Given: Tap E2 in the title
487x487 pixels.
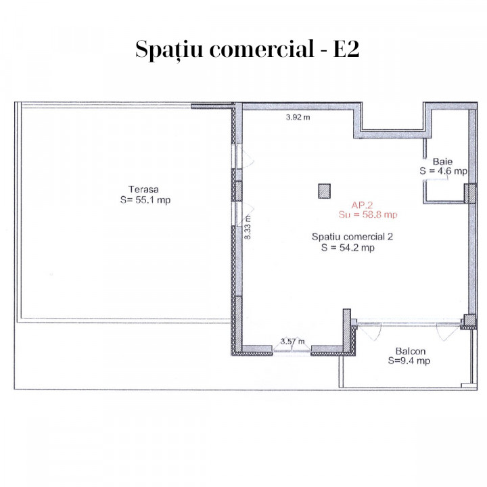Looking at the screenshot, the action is point(346,49).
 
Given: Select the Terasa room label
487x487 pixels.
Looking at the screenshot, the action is point(143,189).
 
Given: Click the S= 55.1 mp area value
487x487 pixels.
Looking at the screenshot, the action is point(145,200).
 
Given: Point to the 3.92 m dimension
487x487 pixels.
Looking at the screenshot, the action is point(298,117).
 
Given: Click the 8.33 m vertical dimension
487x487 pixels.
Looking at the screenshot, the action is point(248,227).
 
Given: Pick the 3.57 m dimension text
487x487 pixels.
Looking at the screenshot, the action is point(293,342).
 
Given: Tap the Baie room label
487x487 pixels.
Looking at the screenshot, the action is point(442,162).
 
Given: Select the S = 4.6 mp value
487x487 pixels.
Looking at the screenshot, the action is point(443,171).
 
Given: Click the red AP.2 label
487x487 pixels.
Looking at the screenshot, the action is point(362,205).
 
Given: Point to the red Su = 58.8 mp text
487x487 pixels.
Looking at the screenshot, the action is point(368,214).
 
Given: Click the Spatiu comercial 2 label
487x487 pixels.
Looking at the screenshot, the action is point(352,237).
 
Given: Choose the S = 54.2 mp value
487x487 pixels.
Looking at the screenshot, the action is point(348,248).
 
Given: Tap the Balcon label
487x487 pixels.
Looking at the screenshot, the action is point(411,351).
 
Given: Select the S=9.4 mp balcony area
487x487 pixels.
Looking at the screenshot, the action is point(409,361).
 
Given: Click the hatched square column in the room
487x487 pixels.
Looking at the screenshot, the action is point(324,191).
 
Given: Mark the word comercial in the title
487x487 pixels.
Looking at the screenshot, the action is point(262,49).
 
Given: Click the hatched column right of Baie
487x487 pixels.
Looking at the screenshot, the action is point(470,194).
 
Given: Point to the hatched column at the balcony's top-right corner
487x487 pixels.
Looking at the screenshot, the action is point(469,321).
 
